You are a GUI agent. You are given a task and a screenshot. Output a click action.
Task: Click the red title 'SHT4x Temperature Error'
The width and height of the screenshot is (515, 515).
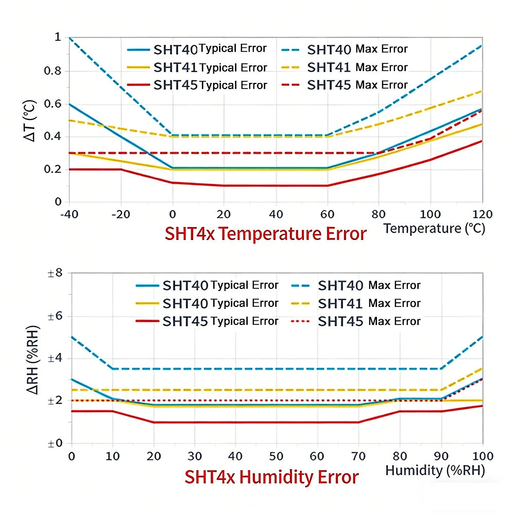click(x=265, y=234)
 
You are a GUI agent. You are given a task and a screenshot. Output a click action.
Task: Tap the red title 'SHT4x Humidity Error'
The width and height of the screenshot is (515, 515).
click(x=271, y=477)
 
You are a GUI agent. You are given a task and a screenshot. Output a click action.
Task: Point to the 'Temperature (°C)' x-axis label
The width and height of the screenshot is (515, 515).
click(x=434, y=229)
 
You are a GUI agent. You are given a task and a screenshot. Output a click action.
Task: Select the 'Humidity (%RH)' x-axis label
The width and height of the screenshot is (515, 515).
click(x=435, y=470)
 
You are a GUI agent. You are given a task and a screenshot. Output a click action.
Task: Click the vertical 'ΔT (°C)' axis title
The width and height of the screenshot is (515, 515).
click(x=29, y=121)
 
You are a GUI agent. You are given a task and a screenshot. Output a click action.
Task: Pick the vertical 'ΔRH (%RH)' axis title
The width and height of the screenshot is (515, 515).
click(x=33, y=359)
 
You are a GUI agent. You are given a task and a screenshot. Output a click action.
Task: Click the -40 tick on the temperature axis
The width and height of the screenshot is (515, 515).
click(x=70, y=214)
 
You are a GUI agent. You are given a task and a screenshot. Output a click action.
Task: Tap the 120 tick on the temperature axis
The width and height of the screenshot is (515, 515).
click(x=483, y=214)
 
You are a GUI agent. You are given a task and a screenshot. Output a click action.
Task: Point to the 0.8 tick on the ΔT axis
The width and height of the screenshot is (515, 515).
click(x=53, y=71)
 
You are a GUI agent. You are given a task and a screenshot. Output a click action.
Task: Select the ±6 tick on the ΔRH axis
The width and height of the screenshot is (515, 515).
click(x=55, y=316)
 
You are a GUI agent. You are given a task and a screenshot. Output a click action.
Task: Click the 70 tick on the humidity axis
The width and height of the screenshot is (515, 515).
click(x=358, y=456)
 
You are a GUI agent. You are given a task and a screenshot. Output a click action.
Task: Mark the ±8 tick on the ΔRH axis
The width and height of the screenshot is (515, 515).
click(x=55, y=273)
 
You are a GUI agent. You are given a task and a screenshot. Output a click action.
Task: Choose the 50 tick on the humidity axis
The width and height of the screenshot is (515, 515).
click(x=276, y=456)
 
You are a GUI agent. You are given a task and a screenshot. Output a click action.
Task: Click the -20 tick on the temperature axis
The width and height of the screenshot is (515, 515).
click(x=121, y=214)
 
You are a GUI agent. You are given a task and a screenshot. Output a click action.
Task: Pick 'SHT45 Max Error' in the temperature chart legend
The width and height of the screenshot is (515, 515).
click(x=357, y=85)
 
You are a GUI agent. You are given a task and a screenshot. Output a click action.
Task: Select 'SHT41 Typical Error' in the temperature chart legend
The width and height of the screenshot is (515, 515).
click(x=210, y=67)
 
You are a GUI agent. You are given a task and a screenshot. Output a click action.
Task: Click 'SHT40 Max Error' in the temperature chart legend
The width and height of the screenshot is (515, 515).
click(x=357, y=49)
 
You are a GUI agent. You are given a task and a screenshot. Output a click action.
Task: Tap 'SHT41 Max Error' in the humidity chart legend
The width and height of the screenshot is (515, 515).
click(x=369, y=303)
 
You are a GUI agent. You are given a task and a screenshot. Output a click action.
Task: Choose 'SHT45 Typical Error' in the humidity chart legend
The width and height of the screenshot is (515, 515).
click(x=220, y=321)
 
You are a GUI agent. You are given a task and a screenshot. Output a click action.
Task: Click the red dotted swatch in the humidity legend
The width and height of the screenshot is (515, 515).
click(x=300, y=321)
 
